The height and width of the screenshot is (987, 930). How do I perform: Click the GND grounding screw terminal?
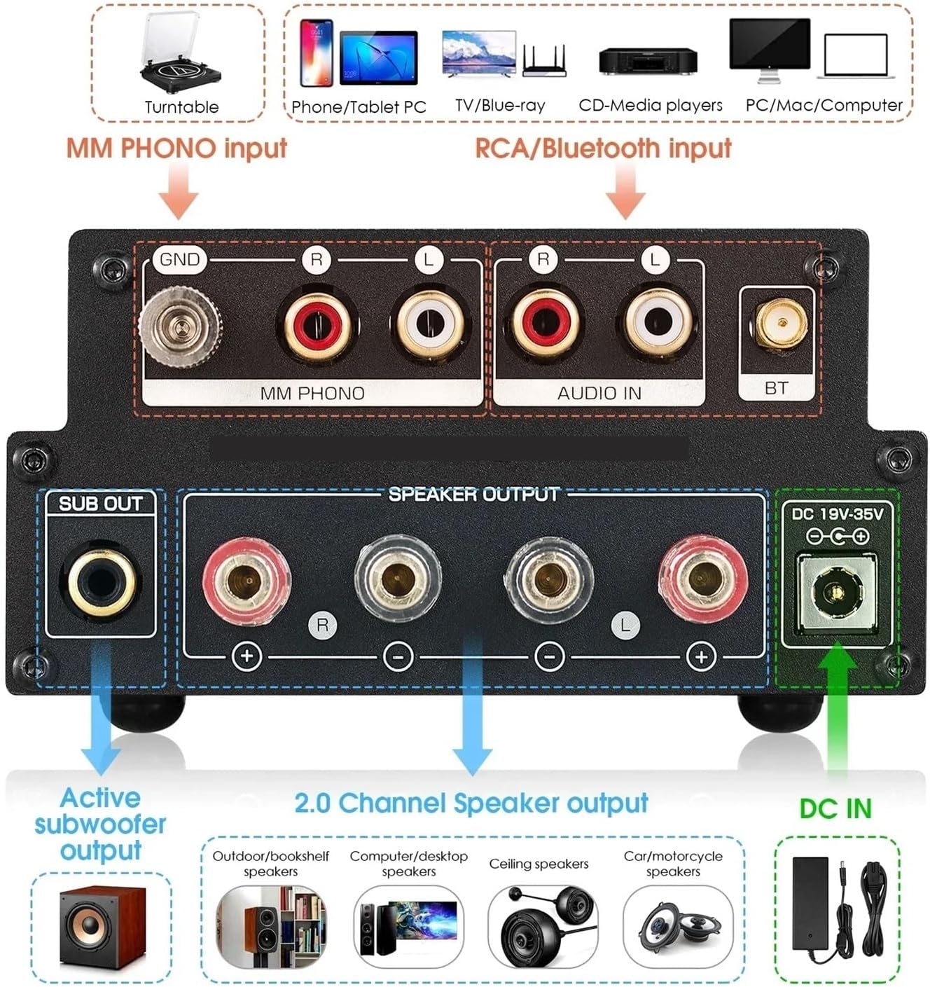point(181,326)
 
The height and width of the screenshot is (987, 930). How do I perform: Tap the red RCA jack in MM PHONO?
point(316,324)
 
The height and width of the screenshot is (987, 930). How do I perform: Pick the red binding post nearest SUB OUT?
point(246,580)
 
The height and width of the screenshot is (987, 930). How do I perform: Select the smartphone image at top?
point(317,53)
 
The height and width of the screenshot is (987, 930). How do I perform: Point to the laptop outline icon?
point(855,56)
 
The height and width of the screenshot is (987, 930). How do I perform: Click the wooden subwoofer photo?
point(101,927)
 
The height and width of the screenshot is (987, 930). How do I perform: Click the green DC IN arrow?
point(838,708)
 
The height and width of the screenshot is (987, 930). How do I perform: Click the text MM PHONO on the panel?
point(312,393)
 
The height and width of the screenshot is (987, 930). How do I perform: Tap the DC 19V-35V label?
point(837,514)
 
